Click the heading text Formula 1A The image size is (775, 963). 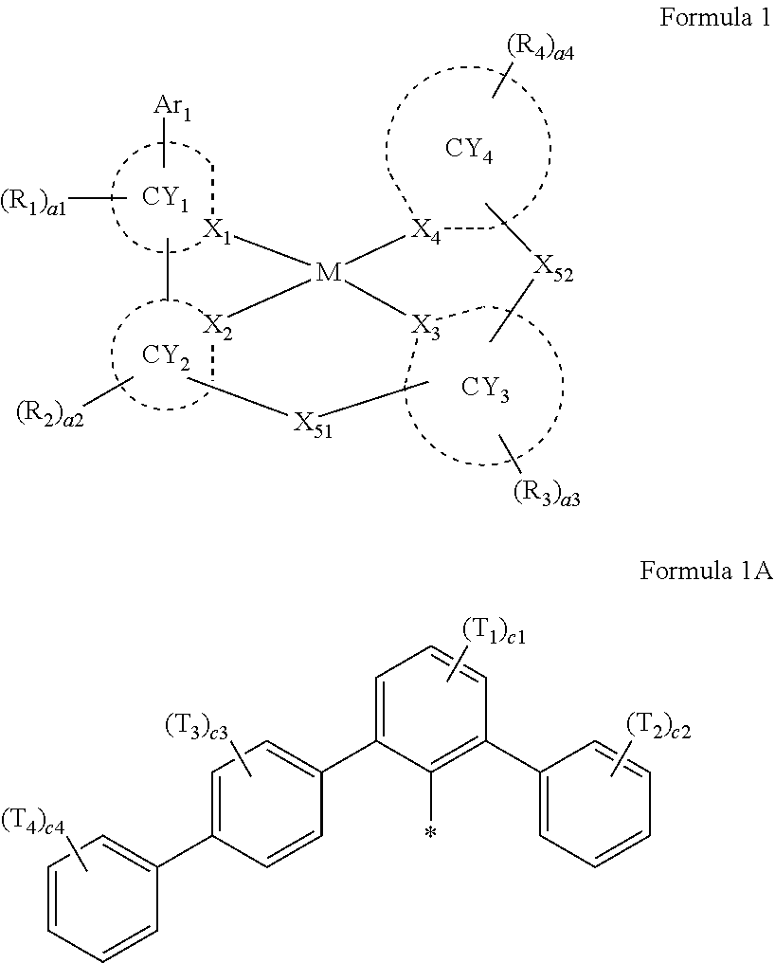click(x=706, y=572)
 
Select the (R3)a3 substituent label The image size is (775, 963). click(x=546, y=492)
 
